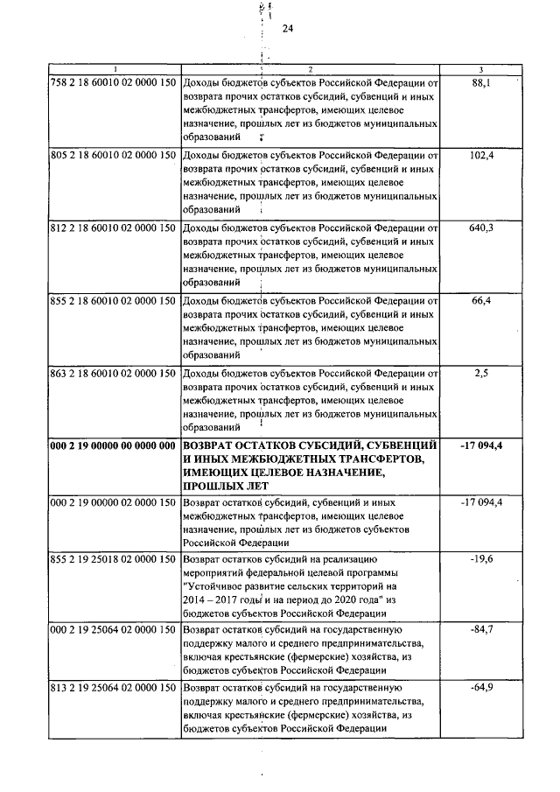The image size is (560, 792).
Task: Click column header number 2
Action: pyautogui.click(x=310, y=68)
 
